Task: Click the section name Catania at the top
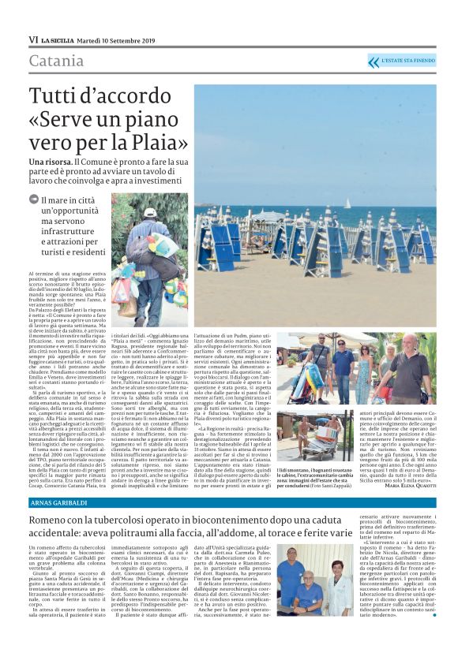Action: (56, 62)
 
